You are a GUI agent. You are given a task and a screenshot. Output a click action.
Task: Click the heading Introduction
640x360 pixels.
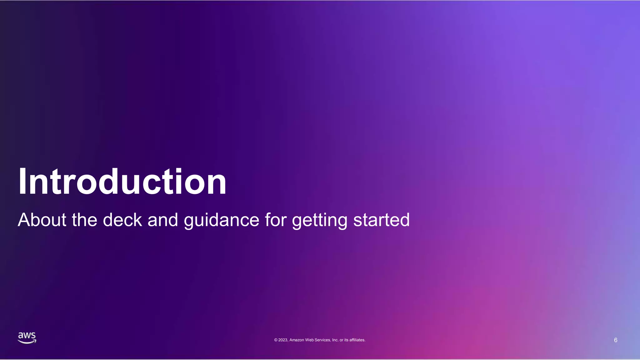[x=122, y=182]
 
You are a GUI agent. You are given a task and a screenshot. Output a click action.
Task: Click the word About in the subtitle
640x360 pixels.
[x=42, y=220]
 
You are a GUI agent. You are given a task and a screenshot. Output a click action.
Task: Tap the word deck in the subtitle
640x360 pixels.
[x=122, y=220]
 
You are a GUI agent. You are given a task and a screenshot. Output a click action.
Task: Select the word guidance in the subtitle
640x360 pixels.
[x=222, y=220]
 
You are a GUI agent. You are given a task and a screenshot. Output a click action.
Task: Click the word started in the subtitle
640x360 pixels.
[x=381, y=220]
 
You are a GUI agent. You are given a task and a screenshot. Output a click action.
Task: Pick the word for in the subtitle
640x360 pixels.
[x=276, y=220]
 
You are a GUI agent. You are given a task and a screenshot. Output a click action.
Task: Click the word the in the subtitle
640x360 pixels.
[x=84, y=220]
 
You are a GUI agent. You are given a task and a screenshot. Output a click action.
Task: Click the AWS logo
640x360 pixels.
[x=27, y=338]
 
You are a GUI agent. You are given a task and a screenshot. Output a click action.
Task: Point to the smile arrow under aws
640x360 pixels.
[x=27, y=342]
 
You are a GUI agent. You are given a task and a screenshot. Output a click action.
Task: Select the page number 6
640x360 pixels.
[x=616, y=340]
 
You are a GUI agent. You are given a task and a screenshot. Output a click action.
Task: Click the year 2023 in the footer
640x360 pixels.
[x=283, y=340]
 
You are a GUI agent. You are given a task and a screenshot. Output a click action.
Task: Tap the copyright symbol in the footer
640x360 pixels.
[x=276, y=340]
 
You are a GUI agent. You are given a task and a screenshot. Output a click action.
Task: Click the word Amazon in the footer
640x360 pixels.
[x=297, y=340]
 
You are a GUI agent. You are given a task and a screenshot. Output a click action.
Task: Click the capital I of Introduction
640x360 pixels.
[x=22, y=182]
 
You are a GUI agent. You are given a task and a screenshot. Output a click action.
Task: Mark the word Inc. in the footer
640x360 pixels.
[x=335, y=340]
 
